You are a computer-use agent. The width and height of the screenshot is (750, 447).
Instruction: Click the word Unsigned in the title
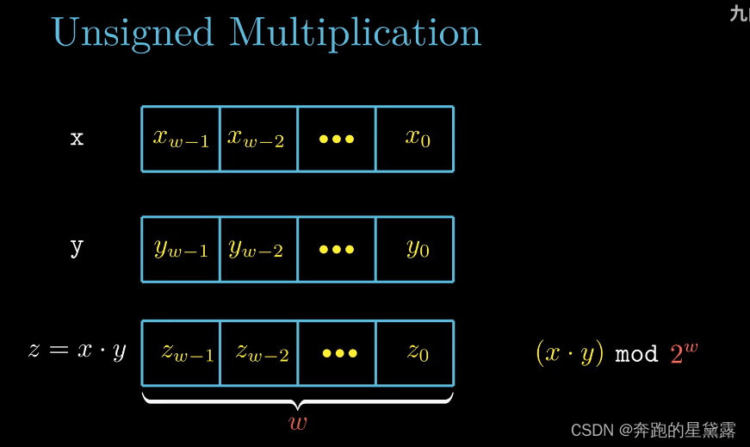[132, 33]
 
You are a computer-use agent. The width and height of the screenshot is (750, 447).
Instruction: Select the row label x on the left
[77, 138]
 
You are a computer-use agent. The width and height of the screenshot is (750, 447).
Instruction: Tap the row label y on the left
[77, 248]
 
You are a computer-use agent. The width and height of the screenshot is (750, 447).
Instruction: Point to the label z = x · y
[77, 351]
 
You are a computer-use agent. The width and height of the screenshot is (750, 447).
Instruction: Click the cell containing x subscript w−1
[181, 138]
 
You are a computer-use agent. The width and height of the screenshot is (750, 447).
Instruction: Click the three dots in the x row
[336, 139]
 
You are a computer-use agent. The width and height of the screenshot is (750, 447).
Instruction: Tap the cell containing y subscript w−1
[181, 249]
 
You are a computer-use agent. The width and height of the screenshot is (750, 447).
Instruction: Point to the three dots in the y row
[336, 249]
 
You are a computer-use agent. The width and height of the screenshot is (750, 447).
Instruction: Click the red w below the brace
[297, 422]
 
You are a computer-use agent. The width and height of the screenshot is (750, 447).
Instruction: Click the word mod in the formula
[636, 354]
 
